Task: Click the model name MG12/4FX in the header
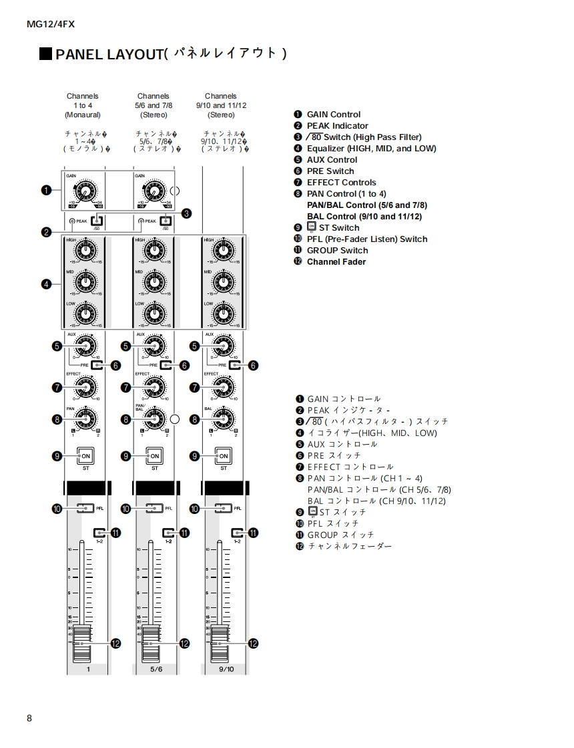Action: [x=51, y=24]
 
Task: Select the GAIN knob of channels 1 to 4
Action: [x=85, y=191]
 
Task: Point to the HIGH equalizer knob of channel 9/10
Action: [x=223, y=251]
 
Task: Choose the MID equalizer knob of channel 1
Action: [x=85, y=283]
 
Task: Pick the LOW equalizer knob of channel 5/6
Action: [x=154, y=314]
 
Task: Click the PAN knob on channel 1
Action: [x=85, y=419]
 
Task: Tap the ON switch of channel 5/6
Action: [x=154, y=456]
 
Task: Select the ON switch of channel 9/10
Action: [x=224, y=456]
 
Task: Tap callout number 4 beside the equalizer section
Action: [x=46, y=284]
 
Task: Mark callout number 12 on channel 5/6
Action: [x=184, y=643]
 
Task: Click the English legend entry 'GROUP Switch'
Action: [x=337, y=251]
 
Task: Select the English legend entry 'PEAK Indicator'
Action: [x=337, y=126]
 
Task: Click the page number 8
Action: [x=29, y=718]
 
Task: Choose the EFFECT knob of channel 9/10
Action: [x=223, y=387]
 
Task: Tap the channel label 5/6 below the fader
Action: [x=156, y=669]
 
